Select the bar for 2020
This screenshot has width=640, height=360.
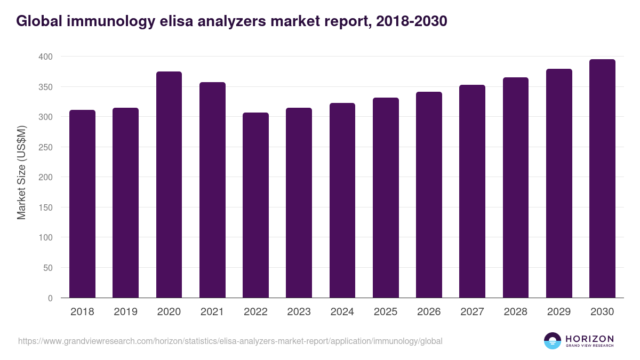click(x=169, y=185)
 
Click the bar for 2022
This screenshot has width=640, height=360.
click(x=255, y=205)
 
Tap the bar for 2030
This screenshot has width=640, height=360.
click(x=602, y=179)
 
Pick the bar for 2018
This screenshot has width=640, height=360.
click(x=82, y=204)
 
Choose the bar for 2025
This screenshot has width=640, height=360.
click(x=386, y=198)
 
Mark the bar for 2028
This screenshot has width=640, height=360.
click(x=516, y=188)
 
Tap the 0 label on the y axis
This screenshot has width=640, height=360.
click(x=50, y=298)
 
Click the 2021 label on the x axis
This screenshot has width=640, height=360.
click(x=212, y=312)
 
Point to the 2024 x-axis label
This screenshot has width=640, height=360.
click(x=342, y=312)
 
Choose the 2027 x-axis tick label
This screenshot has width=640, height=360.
click(x=472, y=312)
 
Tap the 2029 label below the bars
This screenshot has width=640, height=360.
click(x=559, y=312)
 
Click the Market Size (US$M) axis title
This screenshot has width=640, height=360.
click(x=21, y=172)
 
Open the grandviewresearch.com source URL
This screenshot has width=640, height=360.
click(x=230, y=341)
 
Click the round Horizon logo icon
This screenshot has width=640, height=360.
click(x=553, y=341)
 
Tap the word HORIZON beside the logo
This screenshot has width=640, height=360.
click(x=589, y=339)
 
